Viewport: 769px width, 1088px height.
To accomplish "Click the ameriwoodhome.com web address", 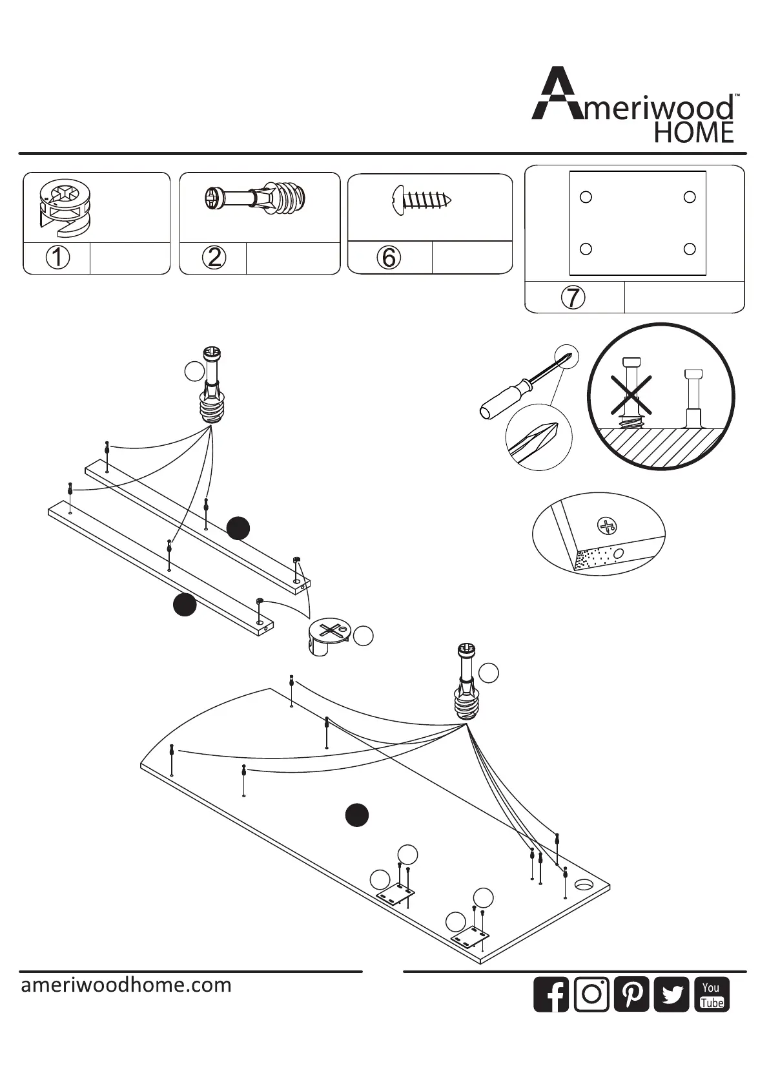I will point(126,985).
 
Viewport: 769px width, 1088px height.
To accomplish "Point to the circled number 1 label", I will point(57,258).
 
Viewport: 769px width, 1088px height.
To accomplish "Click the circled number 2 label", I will point(214,258).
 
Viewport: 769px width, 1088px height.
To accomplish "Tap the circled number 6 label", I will point(389,258).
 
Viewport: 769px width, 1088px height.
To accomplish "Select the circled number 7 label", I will point(573,297).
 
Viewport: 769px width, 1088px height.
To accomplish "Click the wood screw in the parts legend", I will point(421,200).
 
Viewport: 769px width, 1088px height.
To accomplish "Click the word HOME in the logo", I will point(694,133).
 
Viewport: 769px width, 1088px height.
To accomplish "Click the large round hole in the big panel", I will point(585,884).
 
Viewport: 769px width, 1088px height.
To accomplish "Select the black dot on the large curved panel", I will point(356,815).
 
